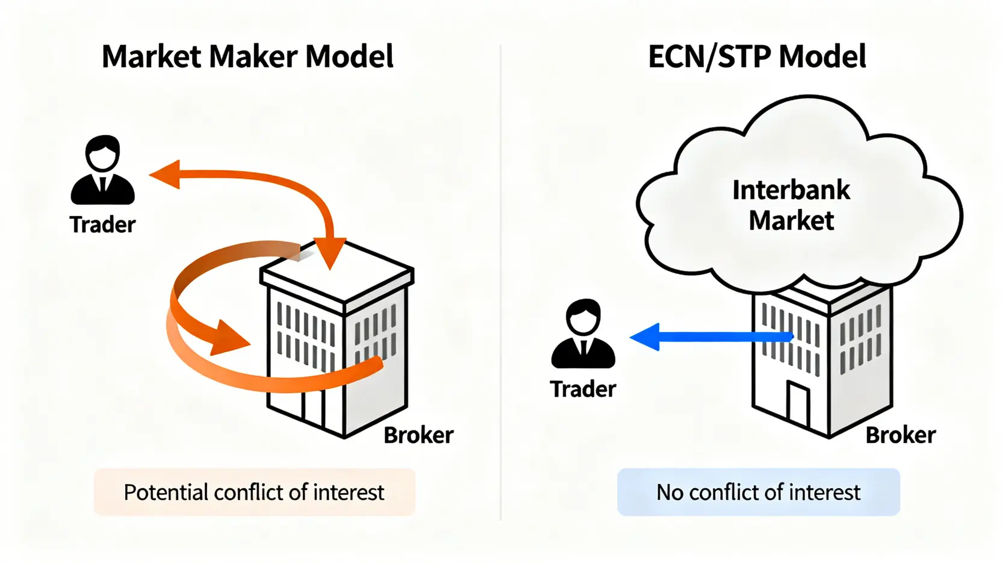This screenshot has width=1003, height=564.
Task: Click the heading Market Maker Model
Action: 247,57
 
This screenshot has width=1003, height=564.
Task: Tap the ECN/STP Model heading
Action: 757,57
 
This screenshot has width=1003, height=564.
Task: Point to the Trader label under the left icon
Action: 102,225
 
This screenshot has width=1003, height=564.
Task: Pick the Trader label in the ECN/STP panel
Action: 583,389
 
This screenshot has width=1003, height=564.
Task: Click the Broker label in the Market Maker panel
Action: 418,435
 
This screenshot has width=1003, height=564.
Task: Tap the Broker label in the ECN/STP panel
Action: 900,435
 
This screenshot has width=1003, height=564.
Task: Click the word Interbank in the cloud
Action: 791,190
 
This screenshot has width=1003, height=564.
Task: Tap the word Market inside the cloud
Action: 791,220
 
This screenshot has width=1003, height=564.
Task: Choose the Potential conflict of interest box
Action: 254,492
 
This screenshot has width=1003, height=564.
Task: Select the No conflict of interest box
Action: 758,492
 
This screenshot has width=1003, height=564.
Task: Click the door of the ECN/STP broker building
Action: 798,404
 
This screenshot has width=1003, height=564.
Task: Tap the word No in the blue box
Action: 669,492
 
